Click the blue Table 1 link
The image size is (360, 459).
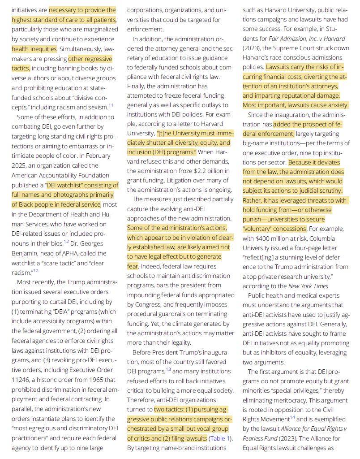click(220, 438)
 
